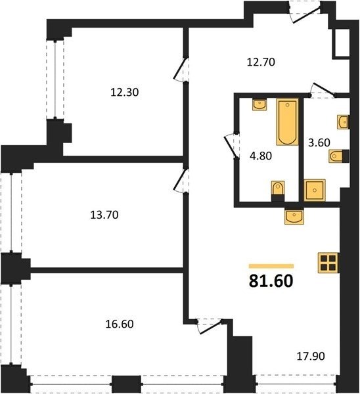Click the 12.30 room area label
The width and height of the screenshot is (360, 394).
tap(125, 93)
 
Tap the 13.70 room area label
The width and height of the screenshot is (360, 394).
tap(104, 215)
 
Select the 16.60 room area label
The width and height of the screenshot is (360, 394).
tap(120, 324)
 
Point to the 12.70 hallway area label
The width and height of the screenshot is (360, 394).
tap(261, 62)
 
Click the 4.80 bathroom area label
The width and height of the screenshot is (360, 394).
tap(261, 156)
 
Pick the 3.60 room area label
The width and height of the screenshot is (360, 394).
tap(319, 142)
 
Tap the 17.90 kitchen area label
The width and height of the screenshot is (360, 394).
tap(311, 356)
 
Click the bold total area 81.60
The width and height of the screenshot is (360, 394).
tap(271, 280)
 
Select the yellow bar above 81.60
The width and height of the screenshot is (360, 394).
tap(271, 266)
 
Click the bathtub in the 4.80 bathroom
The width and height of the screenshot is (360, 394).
tap(287, 122)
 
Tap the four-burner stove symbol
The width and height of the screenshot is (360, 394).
tap(328, 263)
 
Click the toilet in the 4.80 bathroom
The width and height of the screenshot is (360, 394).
tap(278, 188)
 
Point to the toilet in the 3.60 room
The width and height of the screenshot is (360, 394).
tap(336, 156)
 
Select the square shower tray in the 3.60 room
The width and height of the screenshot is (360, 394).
tap(315, 190)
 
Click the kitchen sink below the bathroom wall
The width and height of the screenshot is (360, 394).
tap(294, 217)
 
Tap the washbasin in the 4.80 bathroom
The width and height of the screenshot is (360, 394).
tap(259, 105)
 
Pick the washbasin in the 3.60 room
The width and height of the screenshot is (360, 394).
tap(343, 122)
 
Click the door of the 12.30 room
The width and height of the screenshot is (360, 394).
tap(181, 70)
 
